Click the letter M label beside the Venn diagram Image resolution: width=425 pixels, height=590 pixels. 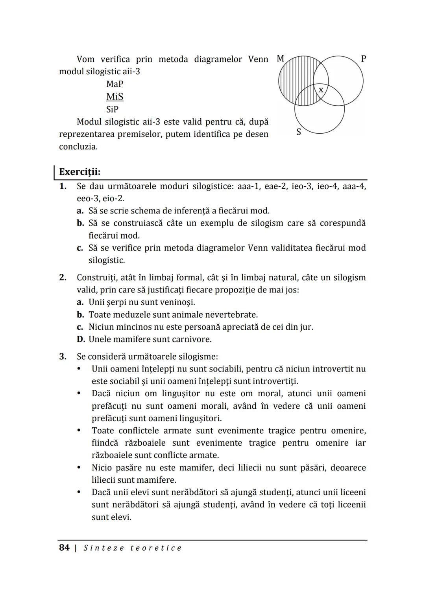coord(280,59)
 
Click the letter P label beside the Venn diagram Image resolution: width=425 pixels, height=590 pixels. coord(364,59)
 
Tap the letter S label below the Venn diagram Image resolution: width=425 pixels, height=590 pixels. coord(299,132)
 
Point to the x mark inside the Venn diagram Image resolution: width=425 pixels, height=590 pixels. coord(321,90)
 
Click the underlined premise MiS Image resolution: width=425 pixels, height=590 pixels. coord(115,97)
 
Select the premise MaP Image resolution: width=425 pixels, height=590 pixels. coord(115,84)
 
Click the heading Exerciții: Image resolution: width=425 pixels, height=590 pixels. coord(79,172)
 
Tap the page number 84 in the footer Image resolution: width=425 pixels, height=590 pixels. coord(64,548)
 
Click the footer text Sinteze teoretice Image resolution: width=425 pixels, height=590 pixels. coord(133,548)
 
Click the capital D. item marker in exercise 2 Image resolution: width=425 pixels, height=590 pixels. coord(81,339)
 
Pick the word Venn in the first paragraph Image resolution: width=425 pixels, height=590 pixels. coord(258,59)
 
